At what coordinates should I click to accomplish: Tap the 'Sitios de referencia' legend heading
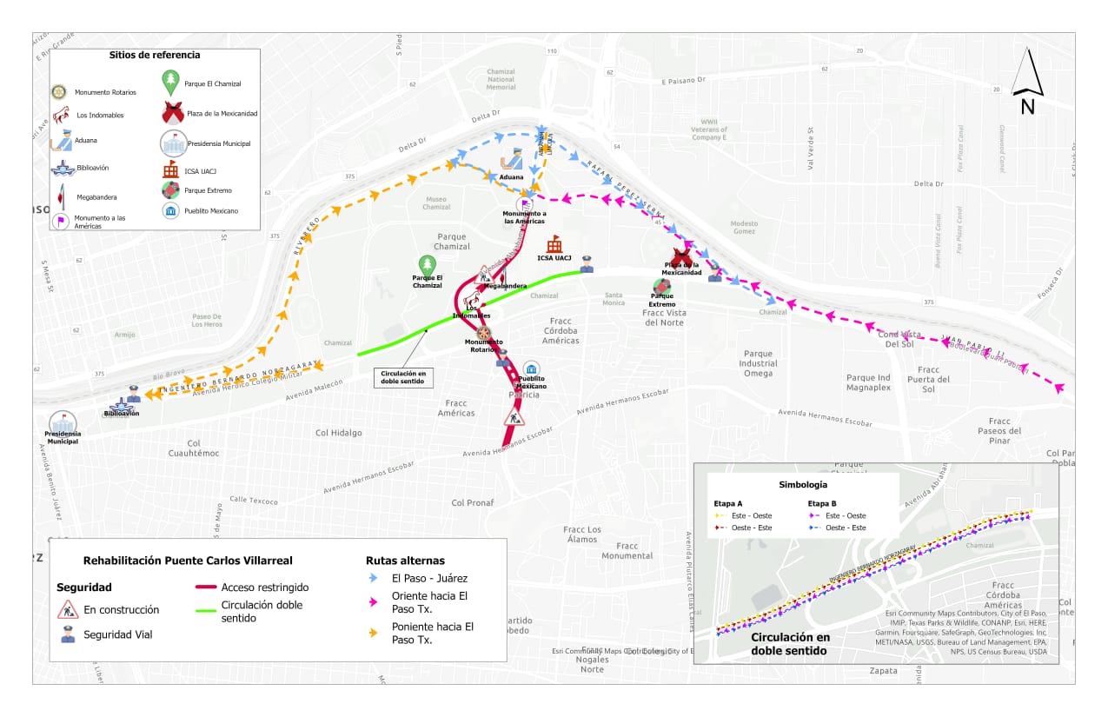155,55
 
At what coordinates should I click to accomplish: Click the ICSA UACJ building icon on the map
554,244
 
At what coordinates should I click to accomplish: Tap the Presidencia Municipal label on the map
63,437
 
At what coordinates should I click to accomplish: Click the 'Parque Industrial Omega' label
758,363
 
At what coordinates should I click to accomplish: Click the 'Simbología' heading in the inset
802,484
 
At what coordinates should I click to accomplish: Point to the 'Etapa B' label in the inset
822,502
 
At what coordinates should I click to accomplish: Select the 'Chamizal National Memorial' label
501,79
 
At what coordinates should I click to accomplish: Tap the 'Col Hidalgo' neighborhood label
338,432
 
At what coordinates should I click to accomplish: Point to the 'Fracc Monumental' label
627,551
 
